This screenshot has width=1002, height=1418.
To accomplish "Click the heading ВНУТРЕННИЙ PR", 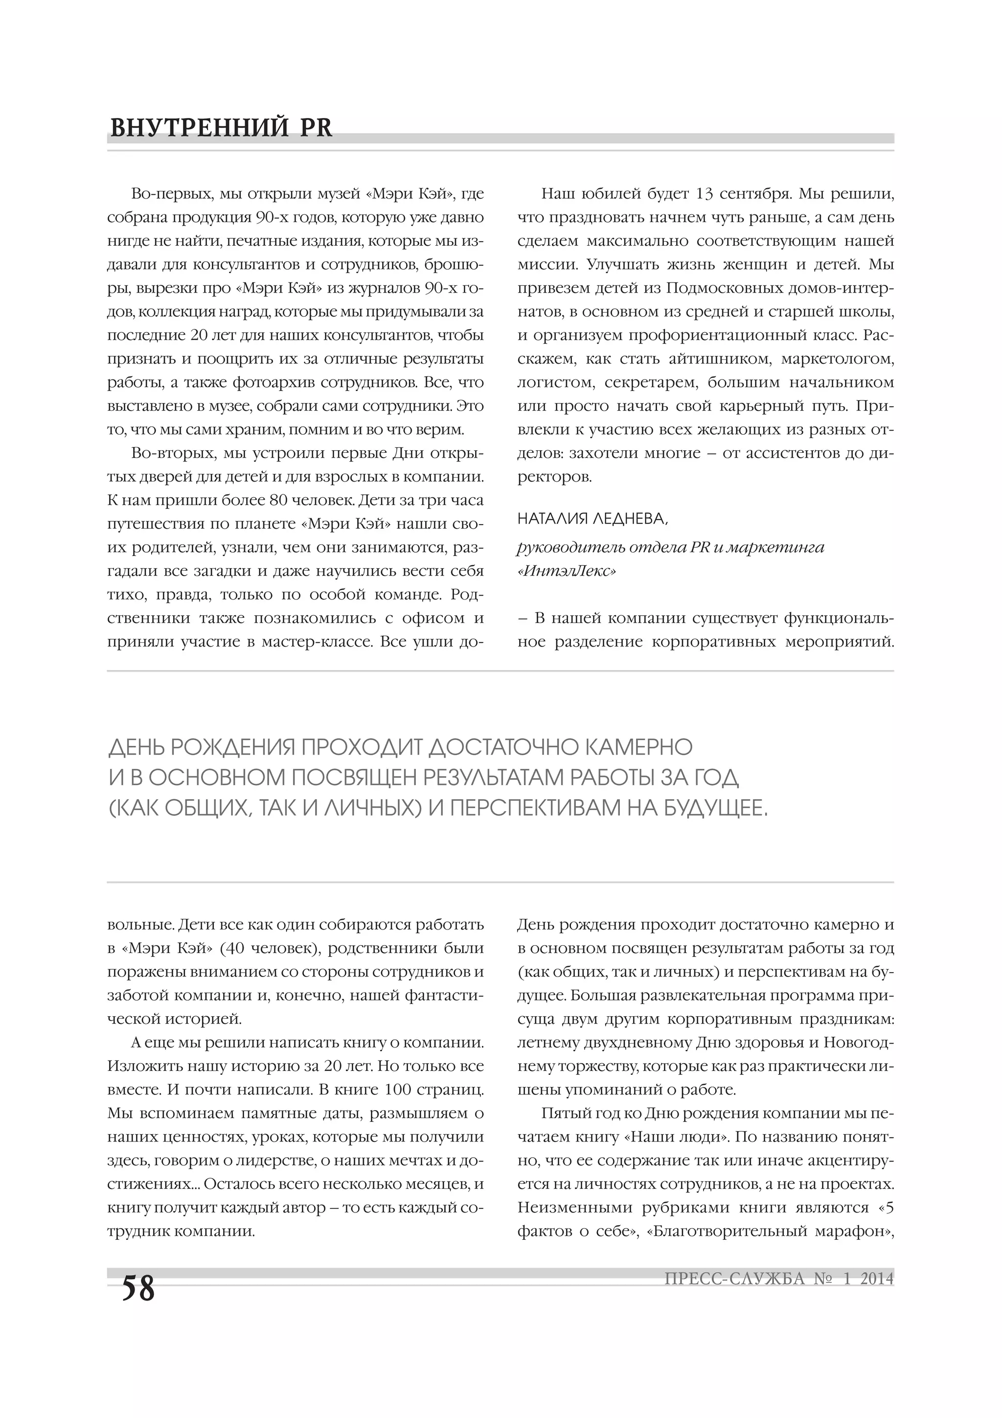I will (221, 128).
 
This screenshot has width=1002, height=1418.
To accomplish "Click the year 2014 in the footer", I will (877, 1279).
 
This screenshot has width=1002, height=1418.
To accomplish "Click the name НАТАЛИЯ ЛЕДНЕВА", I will (592, 520).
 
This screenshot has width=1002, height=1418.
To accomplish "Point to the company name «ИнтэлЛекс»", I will (566, 571).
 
